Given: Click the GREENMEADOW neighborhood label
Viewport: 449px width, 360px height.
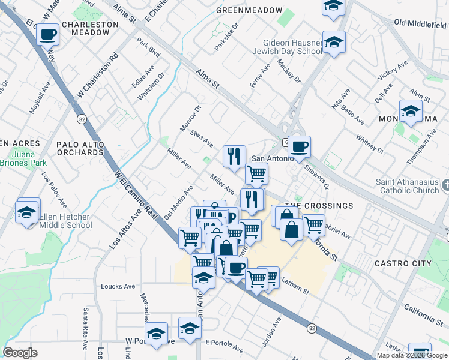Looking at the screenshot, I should [x=249, y=11].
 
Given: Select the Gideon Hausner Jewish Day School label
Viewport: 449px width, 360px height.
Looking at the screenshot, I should [x=293, y=47].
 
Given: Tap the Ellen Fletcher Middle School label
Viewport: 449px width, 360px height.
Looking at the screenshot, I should [x=65, y=221].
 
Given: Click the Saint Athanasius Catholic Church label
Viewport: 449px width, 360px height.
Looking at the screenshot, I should [x=408, y=187].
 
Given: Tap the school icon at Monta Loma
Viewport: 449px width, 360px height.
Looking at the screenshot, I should [x=411, y=112].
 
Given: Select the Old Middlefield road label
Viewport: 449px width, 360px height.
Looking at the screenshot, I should [x=420, y=23].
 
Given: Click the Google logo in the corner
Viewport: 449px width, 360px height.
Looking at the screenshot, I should [x=20, y=352].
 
